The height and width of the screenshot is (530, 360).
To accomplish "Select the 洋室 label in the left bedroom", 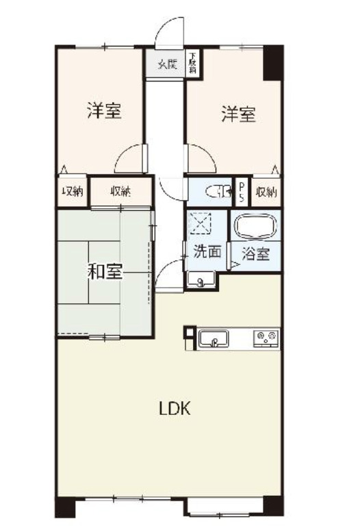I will pyautogui.click(x=104, y=112).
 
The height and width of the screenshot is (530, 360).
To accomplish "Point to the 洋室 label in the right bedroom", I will pyautogui.click(x=238, y=114).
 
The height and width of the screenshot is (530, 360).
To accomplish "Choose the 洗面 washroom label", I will pyautogui.click(x=207, y=251).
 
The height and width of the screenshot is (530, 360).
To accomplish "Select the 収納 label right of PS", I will pyautogui.click(x=267, y=191).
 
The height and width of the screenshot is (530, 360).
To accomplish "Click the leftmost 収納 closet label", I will pyautogui.click(x=73, y=192).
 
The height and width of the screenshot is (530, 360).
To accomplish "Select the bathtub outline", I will pyautogui.click(x=254, y=228).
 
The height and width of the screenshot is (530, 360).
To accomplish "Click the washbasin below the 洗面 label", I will pyautogui.click(x=201, y=280).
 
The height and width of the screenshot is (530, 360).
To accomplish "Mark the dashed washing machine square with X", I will pyautogui.click(x=202, y=223).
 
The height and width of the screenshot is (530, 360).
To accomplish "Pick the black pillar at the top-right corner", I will pyautogui.click(x=274, y=62).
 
